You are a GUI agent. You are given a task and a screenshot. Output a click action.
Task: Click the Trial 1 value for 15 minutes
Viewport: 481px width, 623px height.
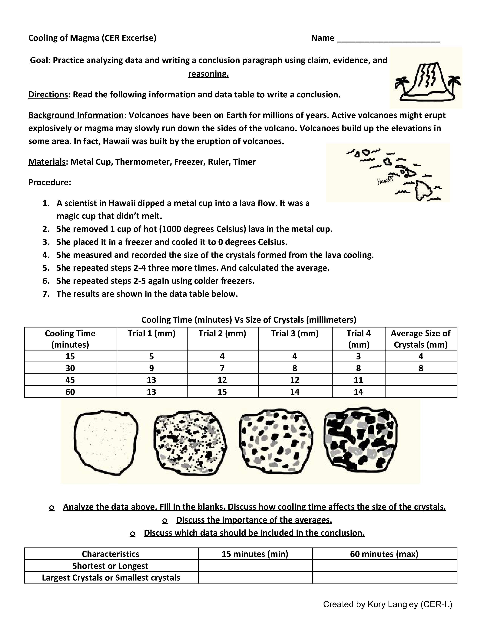pos(152,356)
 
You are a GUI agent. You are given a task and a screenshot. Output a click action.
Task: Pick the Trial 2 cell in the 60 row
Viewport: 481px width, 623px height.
pos(222,392)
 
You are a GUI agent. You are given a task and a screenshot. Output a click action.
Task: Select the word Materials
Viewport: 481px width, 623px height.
pos(47,162)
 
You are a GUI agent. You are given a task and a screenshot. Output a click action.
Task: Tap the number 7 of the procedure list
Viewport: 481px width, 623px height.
pos(46,294)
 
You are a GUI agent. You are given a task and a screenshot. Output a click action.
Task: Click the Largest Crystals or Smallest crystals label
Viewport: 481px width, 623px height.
pos(111,578)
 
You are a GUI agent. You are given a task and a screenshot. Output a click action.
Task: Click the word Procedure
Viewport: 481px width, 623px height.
pos(50,182)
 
